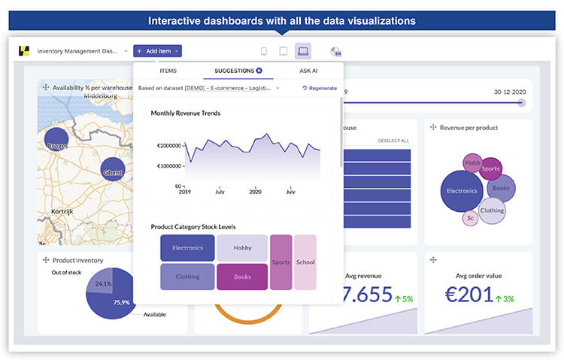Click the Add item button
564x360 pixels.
pos(157,51)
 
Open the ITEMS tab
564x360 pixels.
pos(168,70)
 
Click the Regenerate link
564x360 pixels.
pos(320,88)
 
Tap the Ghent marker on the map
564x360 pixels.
pos(113,170)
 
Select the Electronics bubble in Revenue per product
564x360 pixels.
pos(461,191)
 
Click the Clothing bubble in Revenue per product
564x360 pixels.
pos(491,210)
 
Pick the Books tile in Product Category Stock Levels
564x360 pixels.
pos(242,277)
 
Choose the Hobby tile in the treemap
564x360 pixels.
pos(242,247)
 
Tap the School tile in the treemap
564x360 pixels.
pos(305,262)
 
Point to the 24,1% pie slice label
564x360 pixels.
pos(102,284)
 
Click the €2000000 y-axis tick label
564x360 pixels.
pos(168,146)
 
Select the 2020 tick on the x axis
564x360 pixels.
pos(255,192)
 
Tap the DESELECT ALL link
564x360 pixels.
pos(393,141)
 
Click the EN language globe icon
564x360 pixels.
pos(335,51)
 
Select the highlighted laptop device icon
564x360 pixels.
pos(303,51)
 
